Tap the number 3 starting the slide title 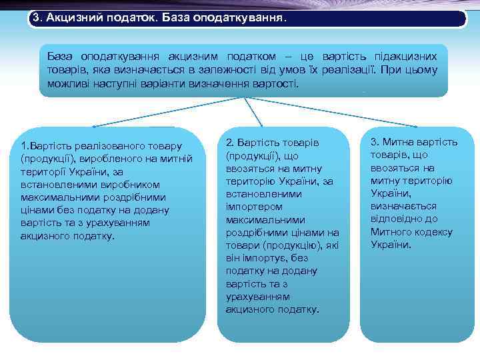pyautogui.click(x=35, y=18)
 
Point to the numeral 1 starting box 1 pyautogui.click(x=23, y=145)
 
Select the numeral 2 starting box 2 pyautogui.click(x=229, y=143)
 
